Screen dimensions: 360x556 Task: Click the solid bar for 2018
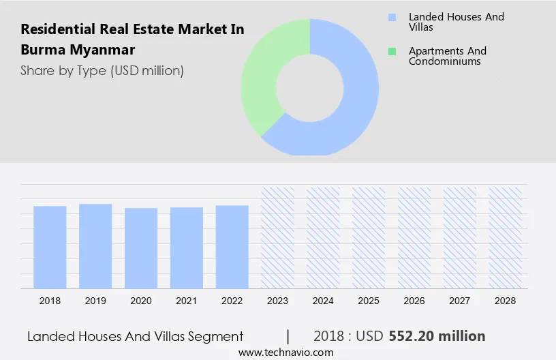pos(50,247)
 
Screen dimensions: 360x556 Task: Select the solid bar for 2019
pos(95,245)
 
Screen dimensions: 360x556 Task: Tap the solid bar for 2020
pos(141,248)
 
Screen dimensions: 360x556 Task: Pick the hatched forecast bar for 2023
pos(278,237)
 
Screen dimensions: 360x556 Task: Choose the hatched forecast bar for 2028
pos(506,237)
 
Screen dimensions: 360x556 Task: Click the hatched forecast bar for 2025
pos(369,237)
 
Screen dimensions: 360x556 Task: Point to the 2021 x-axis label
pos(187,300)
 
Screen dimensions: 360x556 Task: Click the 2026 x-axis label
pos(414,300)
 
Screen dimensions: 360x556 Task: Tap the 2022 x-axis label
pos(232,300)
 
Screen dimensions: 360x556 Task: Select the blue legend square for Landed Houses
pos(392,17)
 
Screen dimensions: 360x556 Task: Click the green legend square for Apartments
pos(392,51)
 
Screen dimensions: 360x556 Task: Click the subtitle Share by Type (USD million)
pos(102,70)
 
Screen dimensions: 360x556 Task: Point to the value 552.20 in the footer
pos(412,336)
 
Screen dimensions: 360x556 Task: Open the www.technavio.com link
pos(285,352)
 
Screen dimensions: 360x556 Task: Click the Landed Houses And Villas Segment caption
pos(136,336)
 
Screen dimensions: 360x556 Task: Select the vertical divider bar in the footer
pos(288,336)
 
